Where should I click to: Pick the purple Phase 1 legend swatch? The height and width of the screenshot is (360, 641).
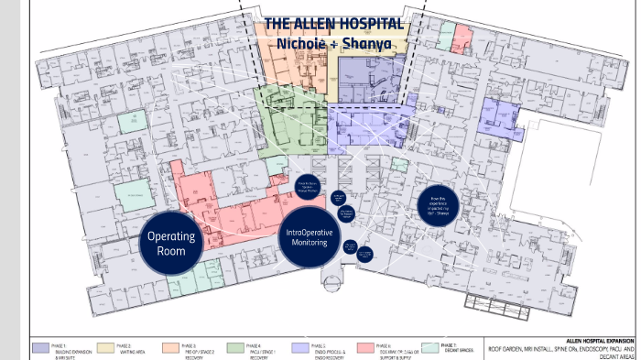pos(40,346)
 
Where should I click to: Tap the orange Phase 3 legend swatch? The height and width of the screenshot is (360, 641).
pos(171,346)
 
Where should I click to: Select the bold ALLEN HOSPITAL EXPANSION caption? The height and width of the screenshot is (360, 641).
pos(594,339)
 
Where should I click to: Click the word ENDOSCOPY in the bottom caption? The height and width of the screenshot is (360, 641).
pos(600,348)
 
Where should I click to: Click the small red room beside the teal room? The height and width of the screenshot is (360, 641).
pos(462,38)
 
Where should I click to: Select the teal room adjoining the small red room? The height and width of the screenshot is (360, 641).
pos(445,38)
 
